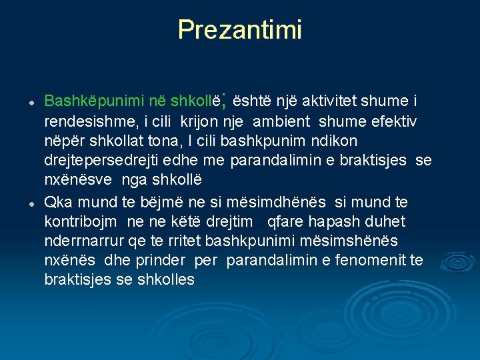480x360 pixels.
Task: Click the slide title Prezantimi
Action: [239, 29]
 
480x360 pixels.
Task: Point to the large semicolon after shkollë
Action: [225, 101]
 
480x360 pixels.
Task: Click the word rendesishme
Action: [87, 121]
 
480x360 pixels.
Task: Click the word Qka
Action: [57, 202]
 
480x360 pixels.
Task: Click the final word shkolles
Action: [168, 279]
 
